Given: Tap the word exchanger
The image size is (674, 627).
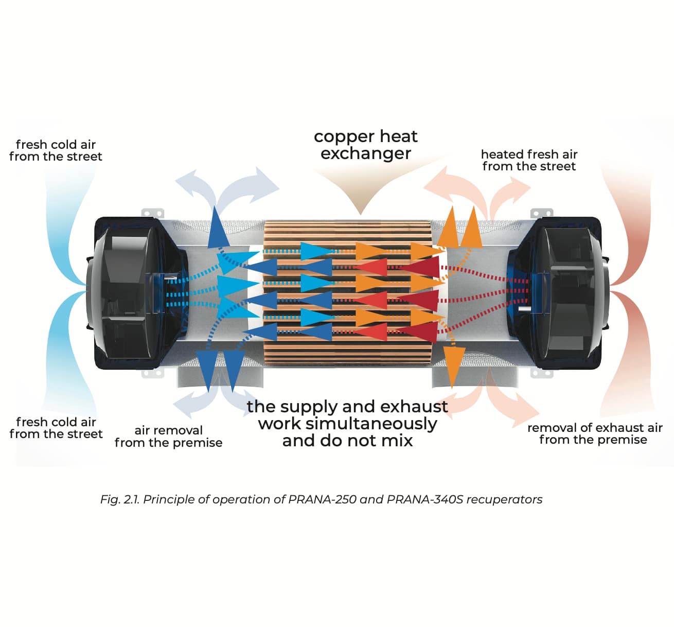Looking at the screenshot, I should pyautogui.click(x=366, y=153).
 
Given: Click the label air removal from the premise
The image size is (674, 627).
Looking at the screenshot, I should pyautogui.click(x=168, y=437).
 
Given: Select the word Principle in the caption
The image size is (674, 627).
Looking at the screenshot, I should pyautogui.click(x=169, y=499).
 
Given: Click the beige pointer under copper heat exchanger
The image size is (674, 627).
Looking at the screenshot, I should pyautogui.click(x=361, y=196).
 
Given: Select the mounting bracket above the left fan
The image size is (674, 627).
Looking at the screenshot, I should pyautogui.click(x=153, y=213).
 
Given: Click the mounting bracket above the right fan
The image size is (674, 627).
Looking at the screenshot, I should pyautogui.click(x=541, y=213).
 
